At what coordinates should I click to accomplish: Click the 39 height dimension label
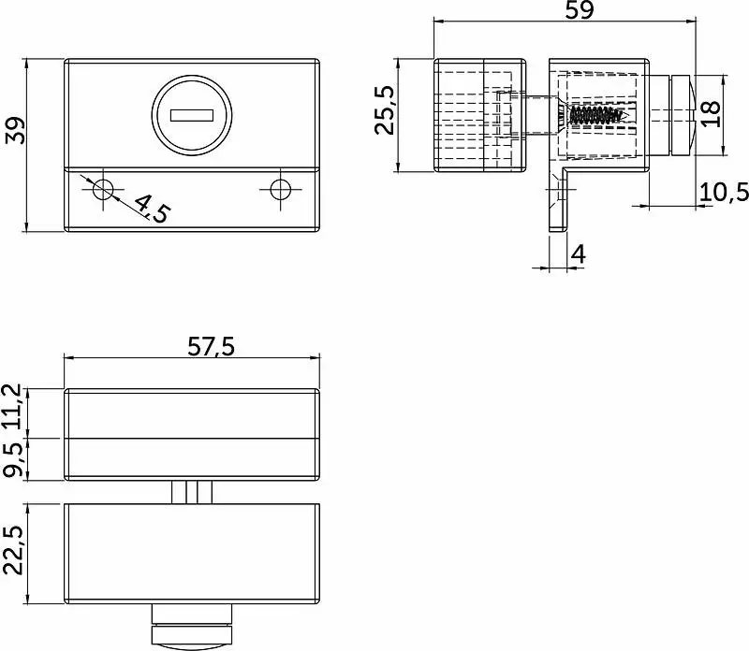[15, 130]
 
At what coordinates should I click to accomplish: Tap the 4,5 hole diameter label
[152, 208]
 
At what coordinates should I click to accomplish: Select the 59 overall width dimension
[580, 10]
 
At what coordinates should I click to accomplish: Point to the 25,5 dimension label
[384, 109]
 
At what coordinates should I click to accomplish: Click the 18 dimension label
[711, 113]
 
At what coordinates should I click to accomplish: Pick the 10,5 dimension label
[724, 192]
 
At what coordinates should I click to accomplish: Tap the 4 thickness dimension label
[578, 253]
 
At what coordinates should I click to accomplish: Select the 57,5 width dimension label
[212, 346]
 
